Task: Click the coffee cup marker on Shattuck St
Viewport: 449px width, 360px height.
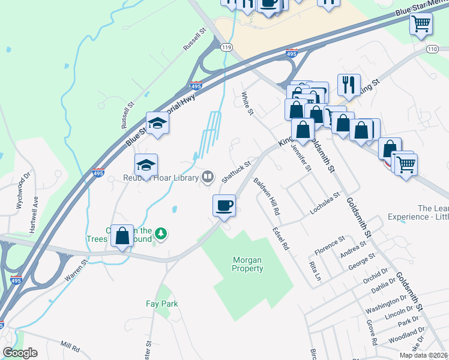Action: tap(224, 206)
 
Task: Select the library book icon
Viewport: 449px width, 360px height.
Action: tap(208, 176)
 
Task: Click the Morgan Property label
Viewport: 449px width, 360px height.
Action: tap(248, 264)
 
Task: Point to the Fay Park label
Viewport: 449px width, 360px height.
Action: tap(162, 304)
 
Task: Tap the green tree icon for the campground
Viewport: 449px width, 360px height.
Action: tap(160, 232)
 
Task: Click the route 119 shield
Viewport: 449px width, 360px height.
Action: tap(226, 47)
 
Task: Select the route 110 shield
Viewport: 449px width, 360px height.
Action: tap(433, 48)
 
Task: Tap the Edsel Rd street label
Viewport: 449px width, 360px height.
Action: tap(280, 238)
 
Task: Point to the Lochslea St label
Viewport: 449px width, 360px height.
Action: tap(325, 203)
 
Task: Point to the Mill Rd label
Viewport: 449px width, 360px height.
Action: tap(70, 347)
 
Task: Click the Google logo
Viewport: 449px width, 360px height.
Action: tap(20, 353)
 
